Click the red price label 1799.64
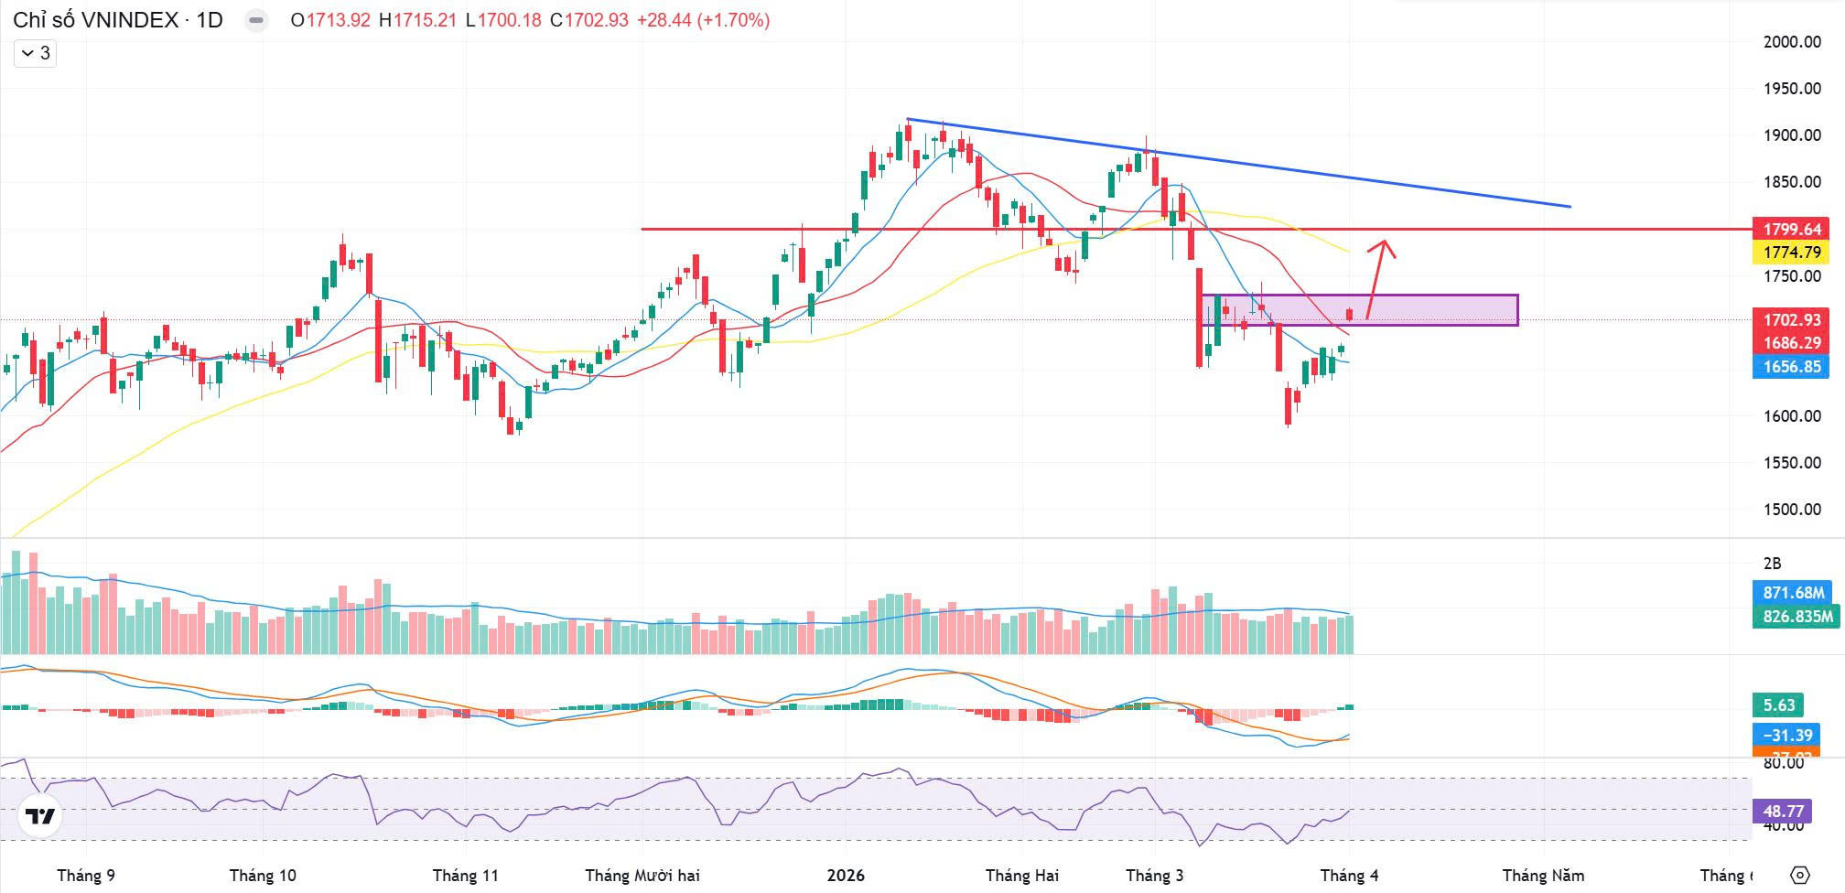pyautogui.click(x=1792, y=229)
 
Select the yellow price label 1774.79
pyautogui.click(x=1792, y=252)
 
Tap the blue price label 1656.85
pyautogui.click(x=1792, y=367)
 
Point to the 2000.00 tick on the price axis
pyautogui.click(x=1792, y=41)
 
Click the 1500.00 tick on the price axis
pyautogui.click(x=1792, y=510)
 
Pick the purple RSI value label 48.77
pyautogui.click(x=1782, y=812)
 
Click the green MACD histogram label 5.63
pyautogui.click(x=1779, y=705)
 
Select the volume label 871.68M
pyautogui.click(x=1793, y=592)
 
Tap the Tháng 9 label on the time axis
pyautogui.click(x=86, y=876)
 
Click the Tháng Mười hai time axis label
pyautogui.click(x=642, y=876)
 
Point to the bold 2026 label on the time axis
pyautogui.click(x=846, y=876)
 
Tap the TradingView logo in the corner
pyautogui.click(x=39, y=816)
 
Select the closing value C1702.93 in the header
pyautogui.click(x=589, y=20)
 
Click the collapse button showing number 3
pyautogui.click(x=36, y=53)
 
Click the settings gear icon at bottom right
pyautogui.click(x=1799, y=875)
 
